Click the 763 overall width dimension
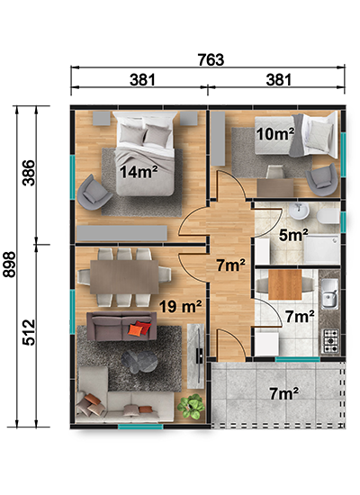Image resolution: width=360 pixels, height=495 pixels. [x=211, y=59]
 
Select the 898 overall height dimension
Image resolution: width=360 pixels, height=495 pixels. [x=9, y=265]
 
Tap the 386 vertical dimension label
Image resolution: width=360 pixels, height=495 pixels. [x=29, y=173]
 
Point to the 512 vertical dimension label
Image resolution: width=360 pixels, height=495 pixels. [x=29, y=332]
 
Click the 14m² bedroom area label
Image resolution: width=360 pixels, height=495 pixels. [x=139, y=172]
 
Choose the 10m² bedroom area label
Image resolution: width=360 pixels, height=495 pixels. [x=275, y=134]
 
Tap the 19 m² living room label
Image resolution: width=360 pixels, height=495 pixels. [x=180, y=306]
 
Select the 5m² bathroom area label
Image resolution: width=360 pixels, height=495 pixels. [x=293, y=235]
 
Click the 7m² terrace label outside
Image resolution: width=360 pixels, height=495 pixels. [x=283, y=393]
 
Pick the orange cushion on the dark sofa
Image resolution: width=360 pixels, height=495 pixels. [x=136, y=329]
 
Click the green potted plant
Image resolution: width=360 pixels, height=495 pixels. [x=191, y=407]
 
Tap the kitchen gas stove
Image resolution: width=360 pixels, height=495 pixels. [x=330, y=341]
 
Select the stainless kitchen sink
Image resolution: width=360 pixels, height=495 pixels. [x=329, y=294]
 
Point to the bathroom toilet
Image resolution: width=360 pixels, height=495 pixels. [x=328, y=216]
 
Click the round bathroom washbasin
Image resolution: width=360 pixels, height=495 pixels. [x=299, y=211]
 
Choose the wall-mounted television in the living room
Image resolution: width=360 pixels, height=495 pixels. [x=199, y=355]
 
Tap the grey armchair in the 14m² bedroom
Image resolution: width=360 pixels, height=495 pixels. [x=94, y=193]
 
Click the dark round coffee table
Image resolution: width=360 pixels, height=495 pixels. [x=139, y=362]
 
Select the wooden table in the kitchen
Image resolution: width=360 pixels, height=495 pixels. [x=284, y=284]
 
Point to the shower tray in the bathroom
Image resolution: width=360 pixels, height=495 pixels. [x=321, y=249]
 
